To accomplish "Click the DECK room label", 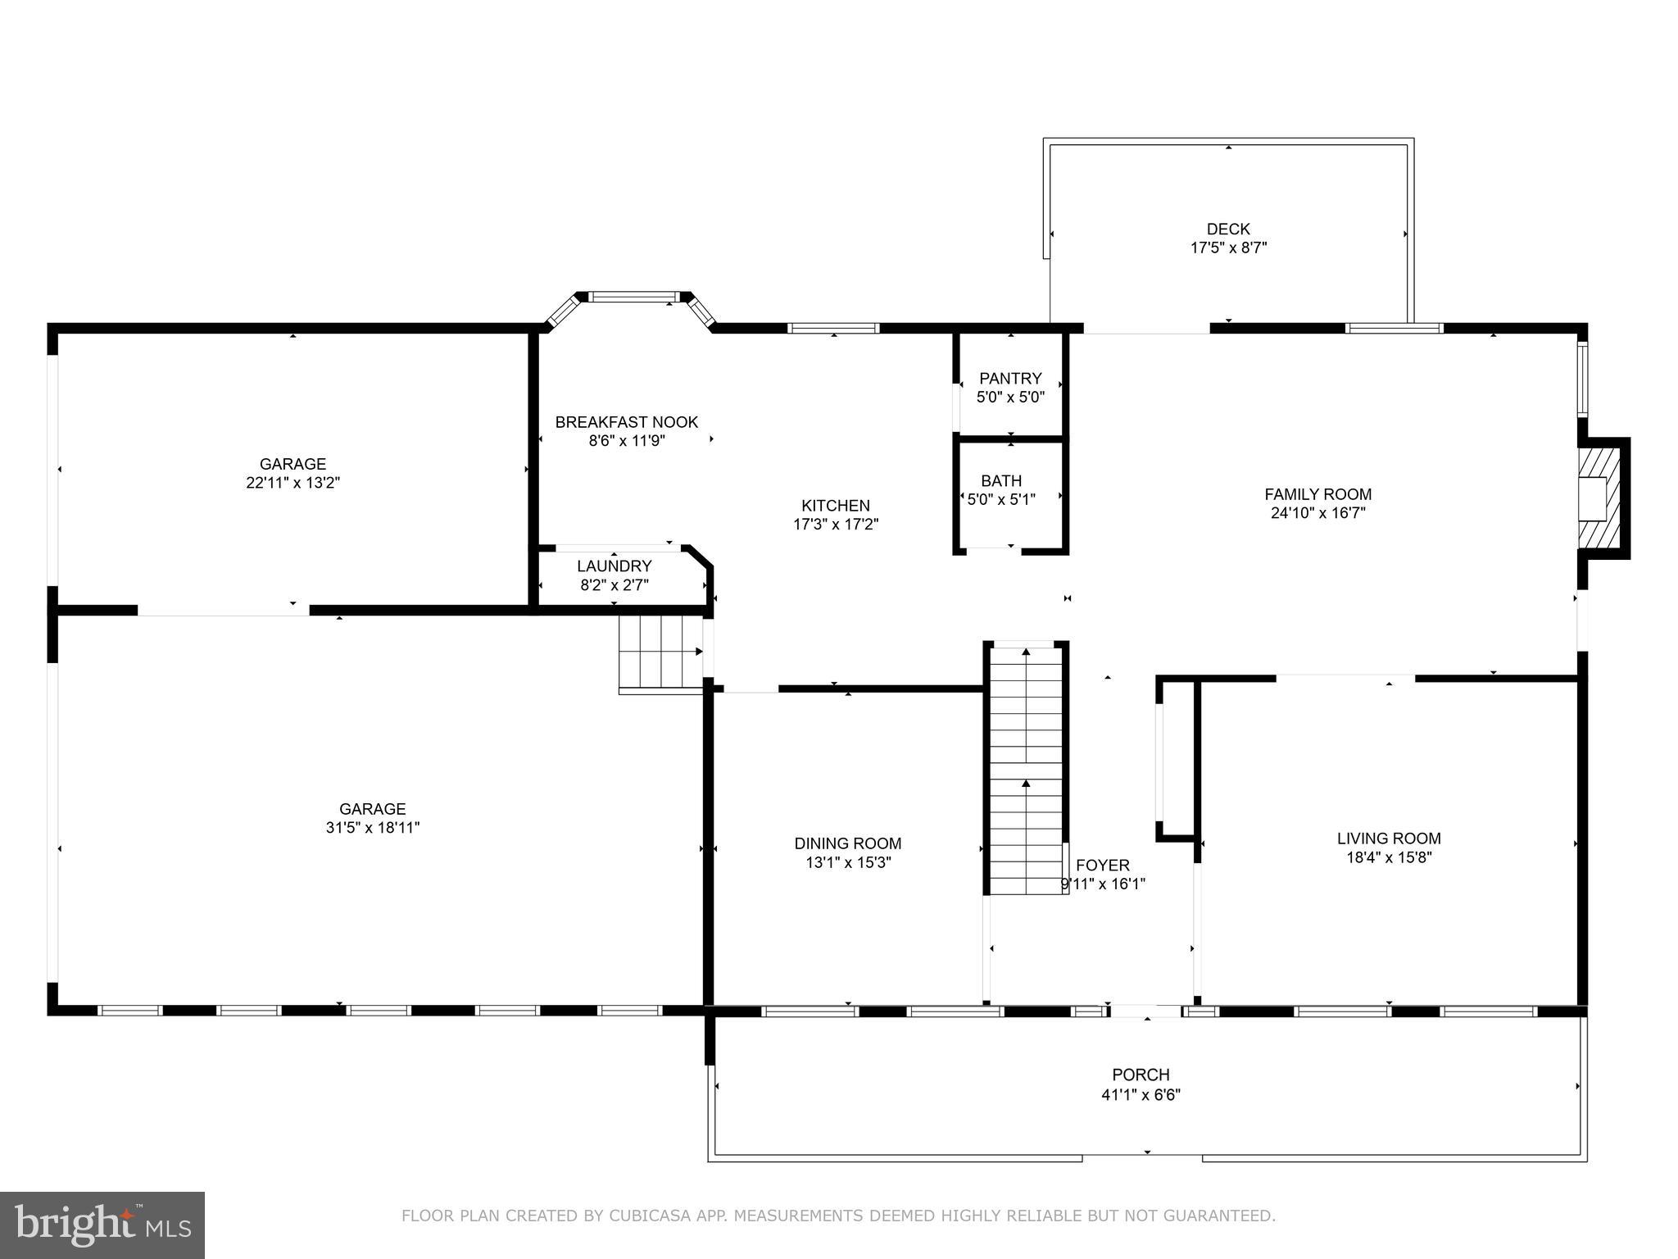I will pyautogui.click(x=1228, y=230).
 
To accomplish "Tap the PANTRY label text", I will pyautogui.click(x=1010, y=379).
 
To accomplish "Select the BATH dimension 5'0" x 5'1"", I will pyautogui.click(x=1001, y=499).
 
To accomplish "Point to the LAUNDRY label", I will pyautogui.click(x=614, y=566).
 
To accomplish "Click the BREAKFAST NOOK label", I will pyautogui.click(x=626, y=422).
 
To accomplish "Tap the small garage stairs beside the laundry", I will pyautogui.click(x=660, y=652).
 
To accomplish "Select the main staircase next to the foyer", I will pyautogui.click(x=1026, y=770).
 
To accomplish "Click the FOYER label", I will pyautogui.click(x=1102, y=866).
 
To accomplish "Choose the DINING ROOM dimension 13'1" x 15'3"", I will pyautogui.click(x=847, y=863).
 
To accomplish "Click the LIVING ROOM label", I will pyautogui.click(x=1388, y=839).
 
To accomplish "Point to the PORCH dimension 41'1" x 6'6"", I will pyautogui.click(x=1141, y=1094).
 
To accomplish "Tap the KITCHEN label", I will pyautogui.click(x=835, y=506).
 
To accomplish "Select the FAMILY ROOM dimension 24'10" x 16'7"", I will pyautogui.click(x=1317, y=514).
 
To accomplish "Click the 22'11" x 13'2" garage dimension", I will pyautogui.click(x=293, y=484).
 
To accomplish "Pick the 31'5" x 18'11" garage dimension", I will pyautogui.click(x=372, y=828).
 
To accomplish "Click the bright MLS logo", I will pyautogui.click(x=102, y=1225).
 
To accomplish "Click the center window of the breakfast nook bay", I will pyautogui.click(x=635, y=297).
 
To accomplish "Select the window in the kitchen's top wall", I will pyautogui.click(x=833, y=328).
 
